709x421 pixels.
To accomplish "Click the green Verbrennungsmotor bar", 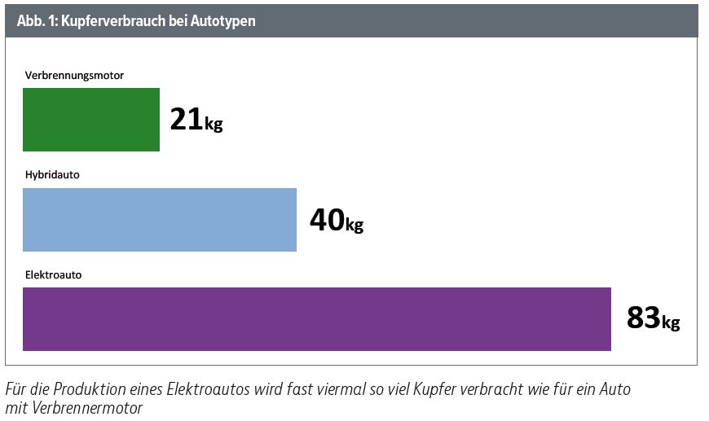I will (91, 120).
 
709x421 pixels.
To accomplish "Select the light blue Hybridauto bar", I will (160, 220).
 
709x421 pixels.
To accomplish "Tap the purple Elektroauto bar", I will (317, 319).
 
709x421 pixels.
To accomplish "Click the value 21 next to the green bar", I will (186, 120).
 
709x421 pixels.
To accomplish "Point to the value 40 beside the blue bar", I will (327, 220).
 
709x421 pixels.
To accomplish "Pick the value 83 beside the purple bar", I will (643, 318).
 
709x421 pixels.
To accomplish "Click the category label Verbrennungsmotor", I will (74, 76).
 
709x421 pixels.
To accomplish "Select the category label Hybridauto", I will (52, 175).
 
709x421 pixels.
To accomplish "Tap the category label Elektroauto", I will (53, 275).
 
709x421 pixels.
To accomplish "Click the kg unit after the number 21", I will (214, 125).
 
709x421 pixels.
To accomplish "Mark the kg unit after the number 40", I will (354, 225).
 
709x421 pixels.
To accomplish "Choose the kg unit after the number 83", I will (671, 323).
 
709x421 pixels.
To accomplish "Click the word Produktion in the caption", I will (90, 389).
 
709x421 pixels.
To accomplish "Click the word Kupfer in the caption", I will (429, 389).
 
